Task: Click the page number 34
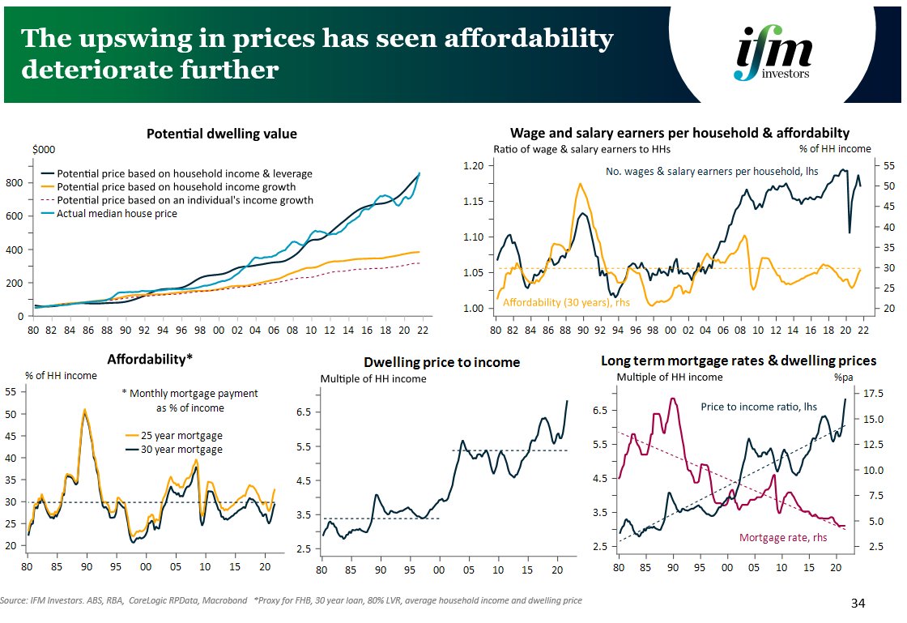point(861,604)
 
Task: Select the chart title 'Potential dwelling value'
point(221,134)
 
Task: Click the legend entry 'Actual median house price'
point(117,213)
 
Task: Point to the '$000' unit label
point(43,150)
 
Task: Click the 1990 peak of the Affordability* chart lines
point(84,411)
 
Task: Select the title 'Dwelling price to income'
point(441,362)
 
